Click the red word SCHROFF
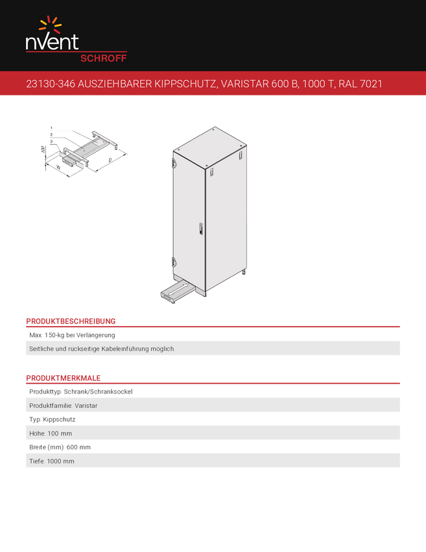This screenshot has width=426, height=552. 103,58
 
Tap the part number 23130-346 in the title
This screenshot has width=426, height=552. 51,84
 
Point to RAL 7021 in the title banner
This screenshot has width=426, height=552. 361,84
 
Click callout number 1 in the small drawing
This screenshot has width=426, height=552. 51,128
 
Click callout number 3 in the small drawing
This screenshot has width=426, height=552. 51,142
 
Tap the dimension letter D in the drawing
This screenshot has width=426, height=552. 110,160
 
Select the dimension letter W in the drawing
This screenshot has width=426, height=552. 58,168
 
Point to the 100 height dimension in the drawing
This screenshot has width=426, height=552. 43,149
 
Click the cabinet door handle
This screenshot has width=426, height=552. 201,229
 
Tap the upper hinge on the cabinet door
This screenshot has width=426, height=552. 174,162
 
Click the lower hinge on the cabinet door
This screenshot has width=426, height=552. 174,262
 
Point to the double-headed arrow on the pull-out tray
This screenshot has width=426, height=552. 178,290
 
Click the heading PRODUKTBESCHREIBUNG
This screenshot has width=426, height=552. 71,321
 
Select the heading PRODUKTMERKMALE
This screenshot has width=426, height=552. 64,378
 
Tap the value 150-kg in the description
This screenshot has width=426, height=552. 54,335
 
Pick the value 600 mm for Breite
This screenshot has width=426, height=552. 78,447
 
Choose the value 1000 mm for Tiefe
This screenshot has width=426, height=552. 60,461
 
